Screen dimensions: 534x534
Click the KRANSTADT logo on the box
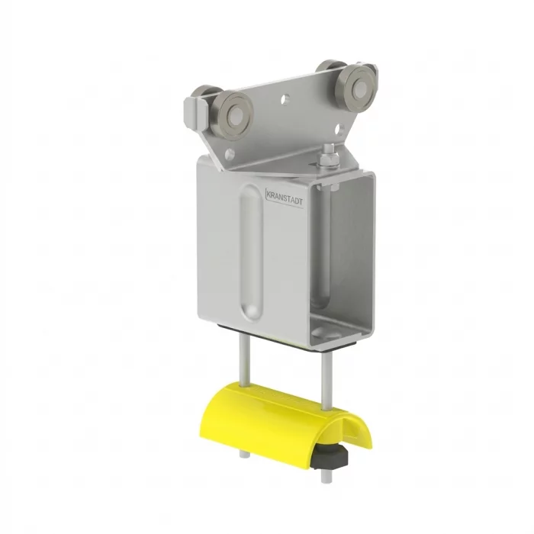[284, 198]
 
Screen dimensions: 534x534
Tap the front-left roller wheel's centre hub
[233, 116]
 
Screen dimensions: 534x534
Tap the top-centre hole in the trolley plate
[285, 99]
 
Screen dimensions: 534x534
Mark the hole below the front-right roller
[339, 129]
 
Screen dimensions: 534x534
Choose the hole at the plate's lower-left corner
[230, 154]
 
